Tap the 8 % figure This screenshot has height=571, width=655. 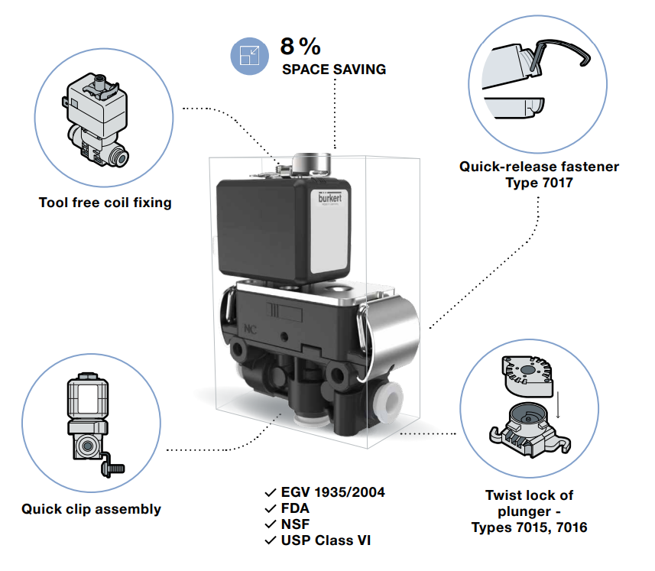point(300,47)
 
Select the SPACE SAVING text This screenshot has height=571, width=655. point(334,70)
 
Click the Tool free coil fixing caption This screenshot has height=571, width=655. point(105,203)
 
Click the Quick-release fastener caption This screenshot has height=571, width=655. point(539,167)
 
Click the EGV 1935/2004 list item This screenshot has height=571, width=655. point(332,492)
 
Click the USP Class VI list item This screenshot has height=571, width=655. point(326,540)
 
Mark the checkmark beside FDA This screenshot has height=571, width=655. point(270,508)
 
